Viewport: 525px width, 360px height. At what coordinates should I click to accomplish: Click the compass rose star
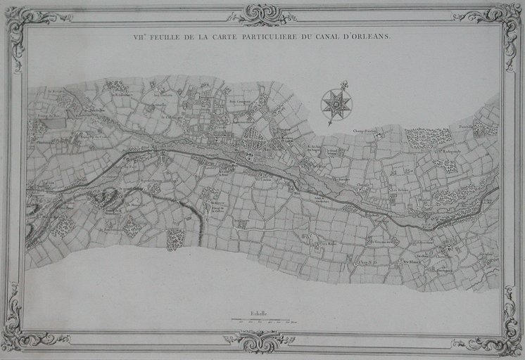click(x=336, y=104)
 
